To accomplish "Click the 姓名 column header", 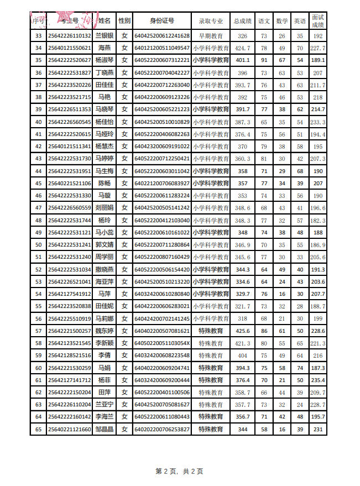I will point(105,21).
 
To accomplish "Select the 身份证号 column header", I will point(161,21).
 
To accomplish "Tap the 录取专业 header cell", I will point(211,21).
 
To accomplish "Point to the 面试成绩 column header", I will point(318,21).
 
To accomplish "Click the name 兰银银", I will point(105,36).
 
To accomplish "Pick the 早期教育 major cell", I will point(211,36).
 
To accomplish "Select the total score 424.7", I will point(242,48).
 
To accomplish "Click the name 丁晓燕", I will point(105,73).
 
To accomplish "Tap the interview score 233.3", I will point(318,122).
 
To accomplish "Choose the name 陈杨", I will point(105,183).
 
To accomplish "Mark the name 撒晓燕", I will point(105,269).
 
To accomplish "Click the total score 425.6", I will point(242,331).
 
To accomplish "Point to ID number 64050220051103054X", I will point(161,343).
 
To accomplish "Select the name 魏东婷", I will point(105,331).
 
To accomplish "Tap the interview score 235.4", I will point(318,380).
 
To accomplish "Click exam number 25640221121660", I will point(70,429).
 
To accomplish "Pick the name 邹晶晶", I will point(105,429).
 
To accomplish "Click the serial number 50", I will point(38,244).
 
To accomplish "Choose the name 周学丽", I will point(105,257).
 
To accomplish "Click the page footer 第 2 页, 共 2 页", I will point(180,471).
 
